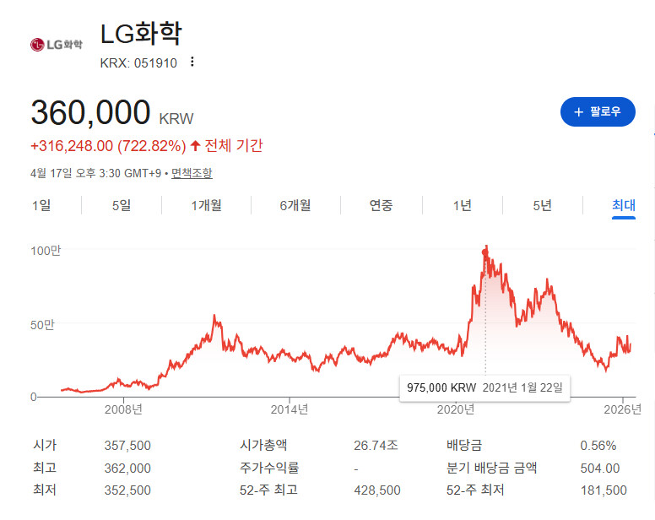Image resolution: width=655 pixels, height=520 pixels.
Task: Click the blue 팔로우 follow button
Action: click(598, 111)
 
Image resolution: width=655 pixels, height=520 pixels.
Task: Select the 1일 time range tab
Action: click(41, 205)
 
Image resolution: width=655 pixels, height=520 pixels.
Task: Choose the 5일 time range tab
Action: click(122, 205)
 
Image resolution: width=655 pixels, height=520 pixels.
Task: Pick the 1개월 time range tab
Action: click(206, 205)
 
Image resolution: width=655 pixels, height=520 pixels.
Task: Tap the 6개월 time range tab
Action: click(295, 205)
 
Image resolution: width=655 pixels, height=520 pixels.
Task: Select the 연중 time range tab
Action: click(381, 205)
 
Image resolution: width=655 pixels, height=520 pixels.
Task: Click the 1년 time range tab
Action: click(462, 205)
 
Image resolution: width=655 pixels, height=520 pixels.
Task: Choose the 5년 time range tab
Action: click(543, 205)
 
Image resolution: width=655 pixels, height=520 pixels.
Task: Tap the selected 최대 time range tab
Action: click(624, 205)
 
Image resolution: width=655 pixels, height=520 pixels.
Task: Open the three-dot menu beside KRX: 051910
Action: click(192, 62)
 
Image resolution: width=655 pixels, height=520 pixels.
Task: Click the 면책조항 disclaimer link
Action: click(192, 173)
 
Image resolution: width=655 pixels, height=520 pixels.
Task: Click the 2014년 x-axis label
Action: click(289, 409)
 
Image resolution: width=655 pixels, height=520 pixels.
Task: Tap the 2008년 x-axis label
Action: click(123, 409)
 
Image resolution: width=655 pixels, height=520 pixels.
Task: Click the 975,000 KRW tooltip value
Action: click(441, 387)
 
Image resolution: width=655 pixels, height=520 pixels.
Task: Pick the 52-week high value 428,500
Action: click(377, 490)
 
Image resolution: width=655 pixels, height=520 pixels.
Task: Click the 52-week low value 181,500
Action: click(604, 490)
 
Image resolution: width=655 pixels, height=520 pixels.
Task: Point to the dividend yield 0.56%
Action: click(598, 445)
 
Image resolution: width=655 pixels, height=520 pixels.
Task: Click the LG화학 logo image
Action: click(56, 44)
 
